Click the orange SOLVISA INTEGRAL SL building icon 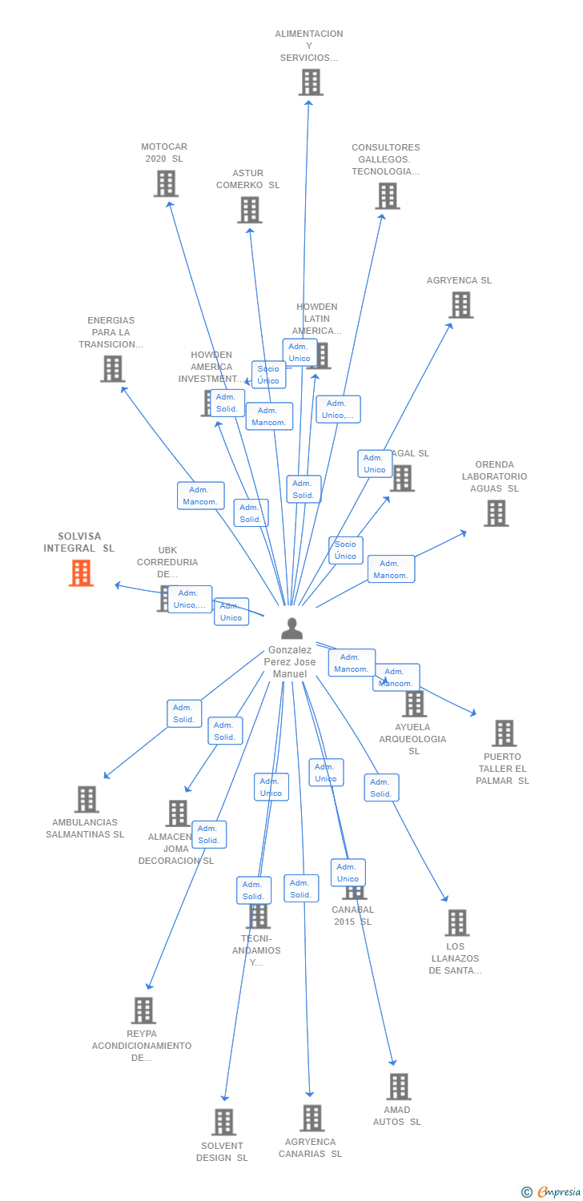[81, 573]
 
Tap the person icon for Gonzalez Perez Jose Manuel [291, 629]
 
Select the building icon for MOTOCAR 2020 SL [166, 183]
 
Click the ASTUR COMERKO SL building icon [250, 210]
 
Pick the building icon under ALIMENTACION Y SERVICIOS [311, 82]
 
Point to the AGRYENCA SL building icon [460, 305]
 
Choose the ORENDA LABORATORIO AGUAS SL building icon [496, 513]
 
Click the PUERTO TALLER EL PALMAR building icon [504, 733]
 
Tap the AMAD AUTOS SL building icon [398, 1087]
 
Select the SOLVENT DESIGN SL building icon [223, 1122]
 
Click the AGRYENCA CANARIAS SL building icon [312, 1118]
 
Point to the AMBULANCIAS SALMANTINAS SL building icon [86, 799]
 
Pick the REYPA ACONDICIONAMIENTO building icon [143, 1010]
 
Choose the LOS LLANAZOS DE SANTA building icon [456, 922]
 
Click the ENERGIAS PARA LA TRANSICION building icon [112, 368]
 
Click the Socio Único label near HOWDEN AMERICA [268, 375]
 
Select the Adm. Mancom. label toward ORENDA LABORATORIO [391, 569]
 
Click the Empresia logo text [559, 1192]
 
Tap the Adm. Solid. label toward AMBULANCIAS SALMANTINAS [184, 713]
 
